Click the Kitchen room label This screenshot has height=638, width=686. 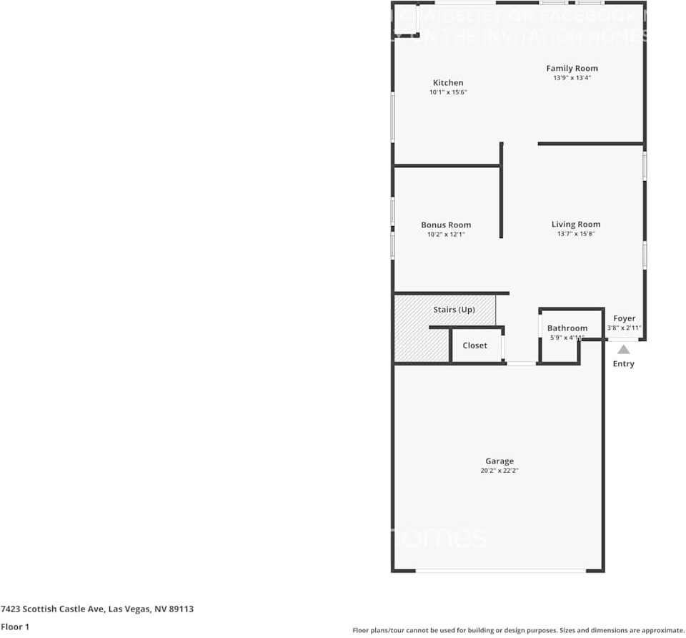click(448, 83)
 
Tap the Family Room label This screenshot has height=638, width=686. click(572, 69)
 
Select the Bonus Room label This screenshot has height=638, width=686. click(446, 225)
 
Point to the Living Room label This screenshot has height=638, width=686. click(576, 225)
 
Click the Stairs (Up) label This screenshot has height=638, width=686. click(454, 310)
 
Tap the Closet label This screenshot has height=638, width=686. click(474, 345)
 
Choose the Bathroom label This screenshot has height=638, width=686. click(567, 328)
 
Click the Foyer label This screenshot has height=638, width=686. click(624, 319)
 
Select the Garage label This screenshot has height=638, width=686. click(499, 461)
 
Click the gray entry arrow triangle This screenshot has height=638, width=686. click(624, 350)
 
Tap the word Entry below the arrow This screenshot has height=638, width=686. click(623, 364)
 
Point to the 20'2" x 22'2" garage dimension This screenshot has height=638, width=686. click(499, 471)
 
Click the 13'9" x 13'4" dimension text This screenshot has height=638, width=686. click(572, 78)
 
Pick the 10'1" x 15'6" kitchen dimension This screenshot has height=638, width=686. click(448, 92)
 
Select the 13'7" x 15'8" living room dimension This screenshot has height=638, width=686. click(576, 234)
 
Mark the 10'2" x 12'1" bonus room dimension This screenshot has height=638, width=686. click(446, 235)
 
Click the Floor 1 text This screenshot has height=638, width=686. click(15, 627)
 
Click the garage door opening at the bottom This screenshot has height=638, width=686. click(500, 571)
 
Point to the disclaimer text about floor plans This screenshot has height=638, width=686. click(518, 630)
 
